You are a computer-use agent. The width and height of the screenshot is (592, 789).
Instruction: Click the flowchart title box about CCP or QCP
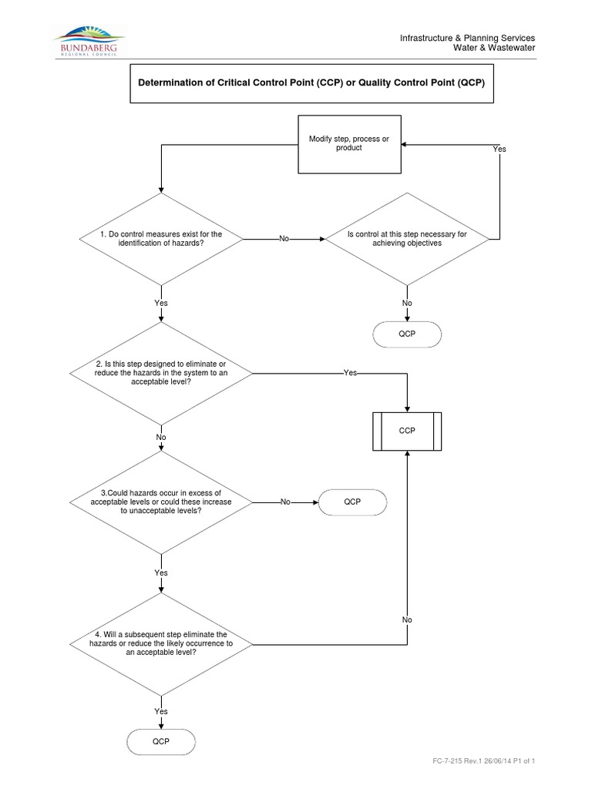pyautogui.click(x=311, y=83)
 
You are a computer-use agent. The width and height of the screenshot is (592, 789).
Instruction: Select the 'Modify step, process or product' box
pyautogui.click(x=349, y=143)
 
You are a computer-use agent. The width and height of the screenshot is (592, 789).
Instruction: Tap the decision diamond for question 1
pyautogui.click(x=160, y=239)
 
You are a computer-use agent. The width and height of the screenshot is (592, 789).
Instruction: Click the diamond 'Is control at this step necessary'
pyautogui.click(x=406, y=239)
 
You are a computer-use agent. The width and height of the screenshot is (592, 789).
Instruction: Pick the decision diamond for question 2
pyautogui.click(x=160, y=373)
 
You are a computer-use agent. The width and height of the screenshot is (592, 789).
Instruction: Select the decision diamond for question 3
pyautogui.click(x=160, y=502)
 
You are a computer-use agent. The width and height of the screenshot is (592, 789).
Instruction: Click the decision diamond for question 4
pyautogui.click(x=160, y=643)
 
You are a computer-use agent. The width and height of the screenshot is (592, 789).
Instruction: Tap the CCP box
pyautogui.click(x=407, y=431)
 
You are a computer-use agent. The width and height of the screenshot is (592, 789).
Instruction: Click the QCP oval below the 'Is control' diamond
pyautogui.click(x=407, y=334)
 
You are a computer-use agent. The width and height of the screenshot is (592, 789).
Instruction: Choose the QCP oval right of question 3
pyautogui.click(x=352, y=502)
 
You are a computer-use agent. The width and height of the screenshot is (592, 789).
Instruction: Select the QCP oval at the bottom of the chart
pyautogui.click(x=160, y=742)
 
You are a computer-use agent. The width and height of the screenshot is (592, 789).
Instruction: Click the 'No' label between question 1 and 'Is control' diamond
pyautogui.click(x=284, y=239)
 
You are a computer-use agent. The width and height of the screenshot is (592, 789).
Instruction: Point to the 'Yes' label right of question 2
pyautogui.click(x=350, y=373)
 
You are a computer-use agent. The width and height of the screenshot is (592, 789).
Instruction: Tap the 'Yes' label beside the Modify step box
pyautogui.click(x=499, y=149)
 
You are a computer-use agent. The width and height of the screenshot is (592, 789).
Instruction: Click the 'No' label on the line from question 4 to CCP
pyautogui.click(x=407, y=619)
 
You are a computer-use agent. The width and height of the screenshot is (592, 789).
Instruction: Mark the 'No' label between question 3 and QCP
pyautogui.click(x=284, y=502)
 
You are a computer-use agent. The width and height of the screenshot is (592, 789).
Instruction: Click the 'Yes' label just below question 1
pyautogui.click(x=160, y=303)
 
